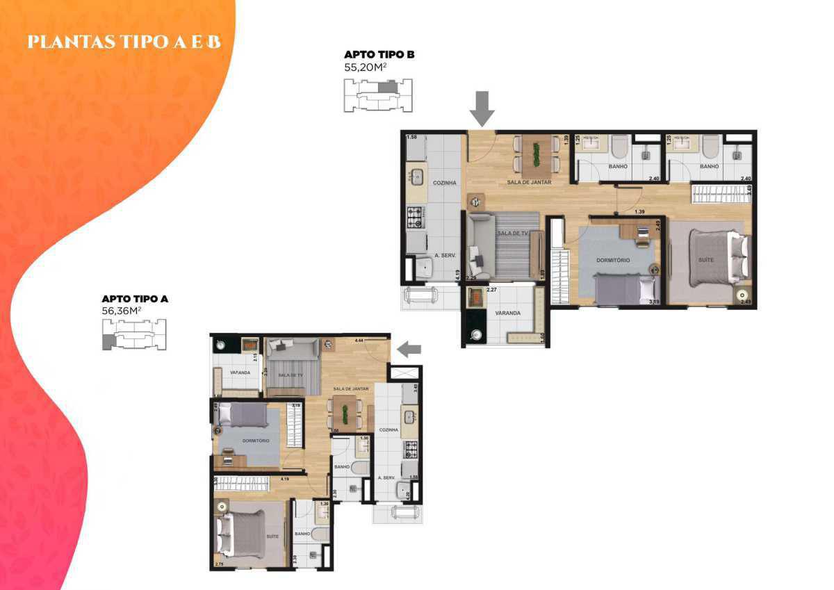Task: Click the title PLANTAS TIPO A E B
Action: point(124,42)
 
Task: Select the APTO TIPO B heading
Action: point(379,54)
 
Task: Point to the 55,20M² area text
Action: point(370,69)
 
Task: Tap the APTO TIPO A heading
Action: point(135,299)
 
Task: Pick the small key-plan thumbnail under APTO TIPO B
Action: point(378,95)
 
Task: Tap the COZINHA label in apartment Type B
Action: point(444,183)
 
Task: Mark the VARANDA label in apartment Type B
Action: point(507,313)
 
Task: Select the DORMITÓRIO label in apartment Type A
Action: point(248,441)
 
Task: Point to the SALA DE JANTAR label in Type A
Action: point(351,388)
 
